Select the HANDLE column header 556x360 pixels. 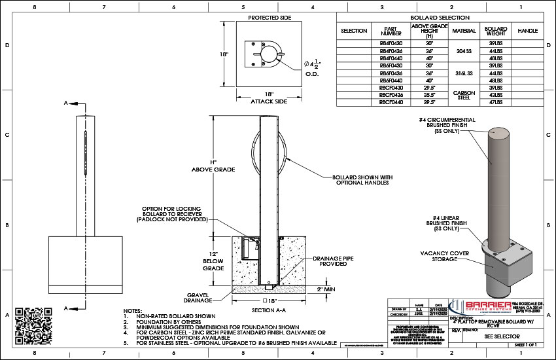pyautogui.click(x=527, y=31)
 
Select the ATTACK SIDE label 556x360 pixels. pyautogui.click(x=268, y=101)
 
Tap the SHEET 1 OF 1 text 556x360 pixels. pyautogui.click(x=529, y=343)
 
